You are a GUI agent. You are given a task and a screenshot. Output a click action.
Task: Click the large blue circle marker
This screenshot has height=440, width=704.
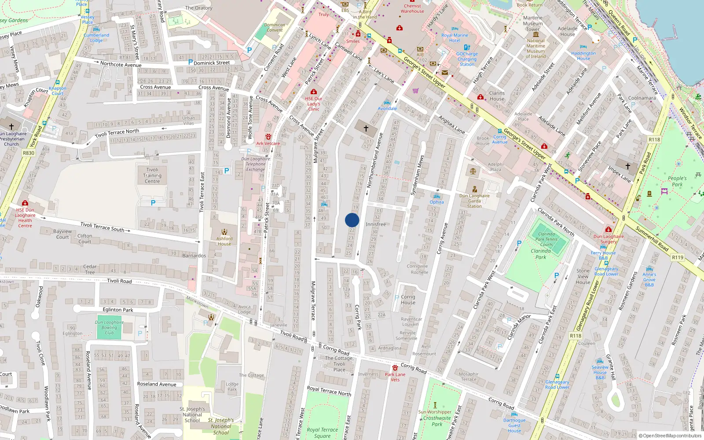click(352, 220)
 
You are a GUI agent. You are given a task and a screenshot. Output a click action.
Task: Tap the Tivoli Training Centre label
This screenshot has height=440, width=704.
click(152, 175)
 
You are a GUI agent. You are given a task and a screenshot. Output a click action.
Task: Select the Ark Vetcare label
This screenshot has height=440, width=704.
click(268, 143)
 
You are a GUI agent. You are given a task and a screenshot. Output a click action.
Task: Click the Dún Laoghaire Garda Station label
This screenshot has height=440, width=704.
click(474, 201)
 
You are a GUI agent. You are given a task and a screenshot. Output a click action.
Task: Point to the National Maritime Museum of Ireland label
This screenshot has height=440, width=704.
click(535, 48)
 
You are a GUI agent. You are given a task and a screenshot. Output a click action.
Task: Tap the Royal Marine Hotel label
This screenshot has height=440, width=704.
click(455, 38)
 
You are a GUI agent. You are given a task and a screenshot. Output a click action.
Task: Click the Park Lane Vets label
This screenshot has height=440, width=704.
click(395, 377)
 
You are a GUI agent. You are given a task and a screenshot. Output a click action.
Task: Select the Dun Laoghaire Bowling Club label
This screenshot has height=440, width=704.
click(109, 327)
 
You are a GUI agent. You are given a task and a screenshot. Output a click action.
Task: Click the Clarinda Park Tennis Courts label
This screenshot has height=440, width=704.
click(546, 239)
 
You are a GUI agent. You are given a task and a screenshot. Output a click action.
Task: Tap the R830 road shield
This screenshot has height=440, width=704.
click(29, 153)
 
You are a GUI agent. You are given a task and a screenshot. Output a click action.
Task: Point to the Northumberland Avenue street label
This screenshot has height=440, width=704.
click(375, 161)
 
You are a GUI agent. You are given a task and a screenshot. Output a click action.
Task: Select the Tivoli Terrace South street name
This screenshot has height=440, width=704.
click(102, 227)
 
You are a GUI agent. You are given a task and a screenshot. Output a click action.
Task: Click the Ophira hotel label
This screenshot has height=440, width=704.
click(436, 202)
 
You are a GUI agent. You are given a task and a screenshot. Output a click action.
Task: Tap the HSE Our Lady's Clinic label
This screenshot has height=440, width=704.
click(314, 104)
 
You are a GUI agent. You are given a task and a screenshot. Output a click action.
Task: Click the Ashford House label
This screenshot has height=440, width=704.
click(224, 241)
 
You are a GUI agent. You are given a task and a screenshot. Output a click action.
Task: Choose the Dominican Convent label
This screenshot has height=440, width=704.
click(275, 28)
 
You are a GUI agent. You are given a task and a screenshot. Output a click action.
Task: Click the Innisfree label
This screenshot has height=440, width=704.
click(376, 224)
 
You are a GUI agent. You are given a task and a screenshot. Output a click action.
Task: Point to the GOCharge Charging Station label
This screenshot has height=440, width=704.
click(467, 59)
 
